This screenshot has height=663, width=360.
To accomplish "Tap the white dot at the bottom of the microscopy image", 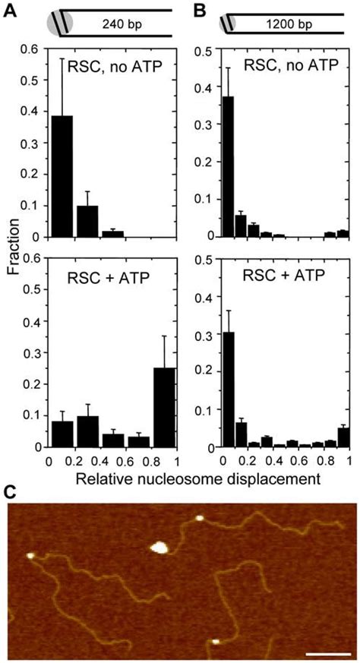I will click(x=215, y=641).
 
